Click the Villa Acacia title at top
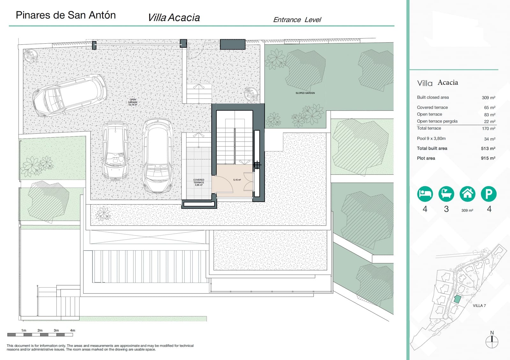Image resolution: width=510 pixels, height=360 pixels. point(174,18)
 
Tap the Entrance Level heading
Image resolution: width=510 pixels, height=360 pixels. point(297,20)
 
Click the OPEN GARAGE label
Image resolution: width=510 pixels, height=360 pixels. point(133,102)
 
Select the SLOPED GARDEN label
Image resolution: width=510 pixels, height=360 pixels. point(305,93)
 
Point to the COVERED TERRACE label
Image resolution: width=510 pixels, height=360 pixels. point(199,182)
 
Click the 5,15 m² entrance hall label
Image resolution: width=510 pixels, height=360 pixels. point(237,180)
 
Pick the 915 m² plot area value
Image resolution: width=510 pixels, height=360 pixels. point(488,158)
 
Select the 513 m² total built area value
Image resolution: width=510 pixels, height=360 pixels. point(488,148)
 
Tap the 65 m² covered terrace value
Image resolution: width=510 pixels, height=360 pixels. point(489,108)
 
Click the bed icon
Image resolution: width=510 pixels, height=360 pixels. point(425,194)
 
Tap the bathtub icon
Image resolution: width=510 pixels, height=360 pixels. point(446,194)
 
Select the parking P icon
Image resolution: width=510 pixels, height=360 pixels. point(489,194)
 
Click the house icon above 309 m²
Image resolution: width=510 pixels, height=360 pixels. point(467,194)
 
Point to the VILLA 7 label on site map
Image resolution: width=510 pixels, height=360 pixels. point(479,306)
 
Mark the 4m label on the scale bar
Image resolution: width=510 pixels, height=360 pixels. point(73,330)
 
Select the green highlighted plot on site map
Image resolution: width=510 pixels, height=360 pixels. point(457,299)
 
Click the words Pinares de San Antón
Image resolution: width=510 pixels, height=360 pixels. point(66,15)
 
